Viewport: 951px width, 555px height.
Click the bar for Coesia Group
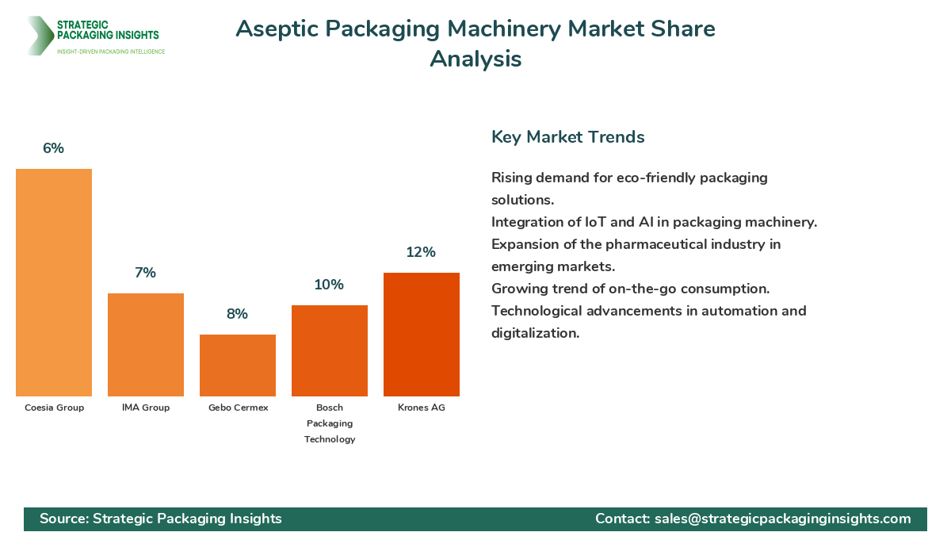(54, 282)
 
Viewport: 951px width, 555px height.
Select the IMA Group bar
(146, 345)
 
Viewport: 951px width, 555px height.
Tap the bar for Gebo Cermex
(238, 366)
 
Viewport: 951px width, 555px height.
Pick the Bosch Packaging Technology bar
(330, 350)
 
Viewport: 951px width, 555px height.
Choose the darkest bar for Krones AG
(422, 335)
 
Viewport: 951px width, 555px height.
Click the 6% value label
(53, 148)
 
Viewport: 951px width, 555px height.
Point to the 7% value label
(145, 273)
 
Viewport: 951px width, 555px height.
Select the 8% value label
(237, 314)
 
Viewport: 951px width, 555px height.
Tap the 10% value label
(329, 285)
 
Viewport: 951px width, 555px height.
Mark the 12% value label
(421, 252)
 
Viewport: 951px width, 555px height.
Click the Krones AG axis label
(422, 408)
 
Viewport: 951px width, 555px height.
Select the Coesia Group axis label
(54, 408)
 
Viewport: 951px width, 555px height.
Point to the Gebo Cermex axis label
(238, 408)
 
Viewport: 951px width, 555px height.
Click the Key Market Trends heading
(567, 137)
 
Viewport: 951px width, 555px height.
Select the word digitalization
(535, 333)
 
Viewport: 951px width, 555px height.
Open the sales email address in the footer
(783, 519)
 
